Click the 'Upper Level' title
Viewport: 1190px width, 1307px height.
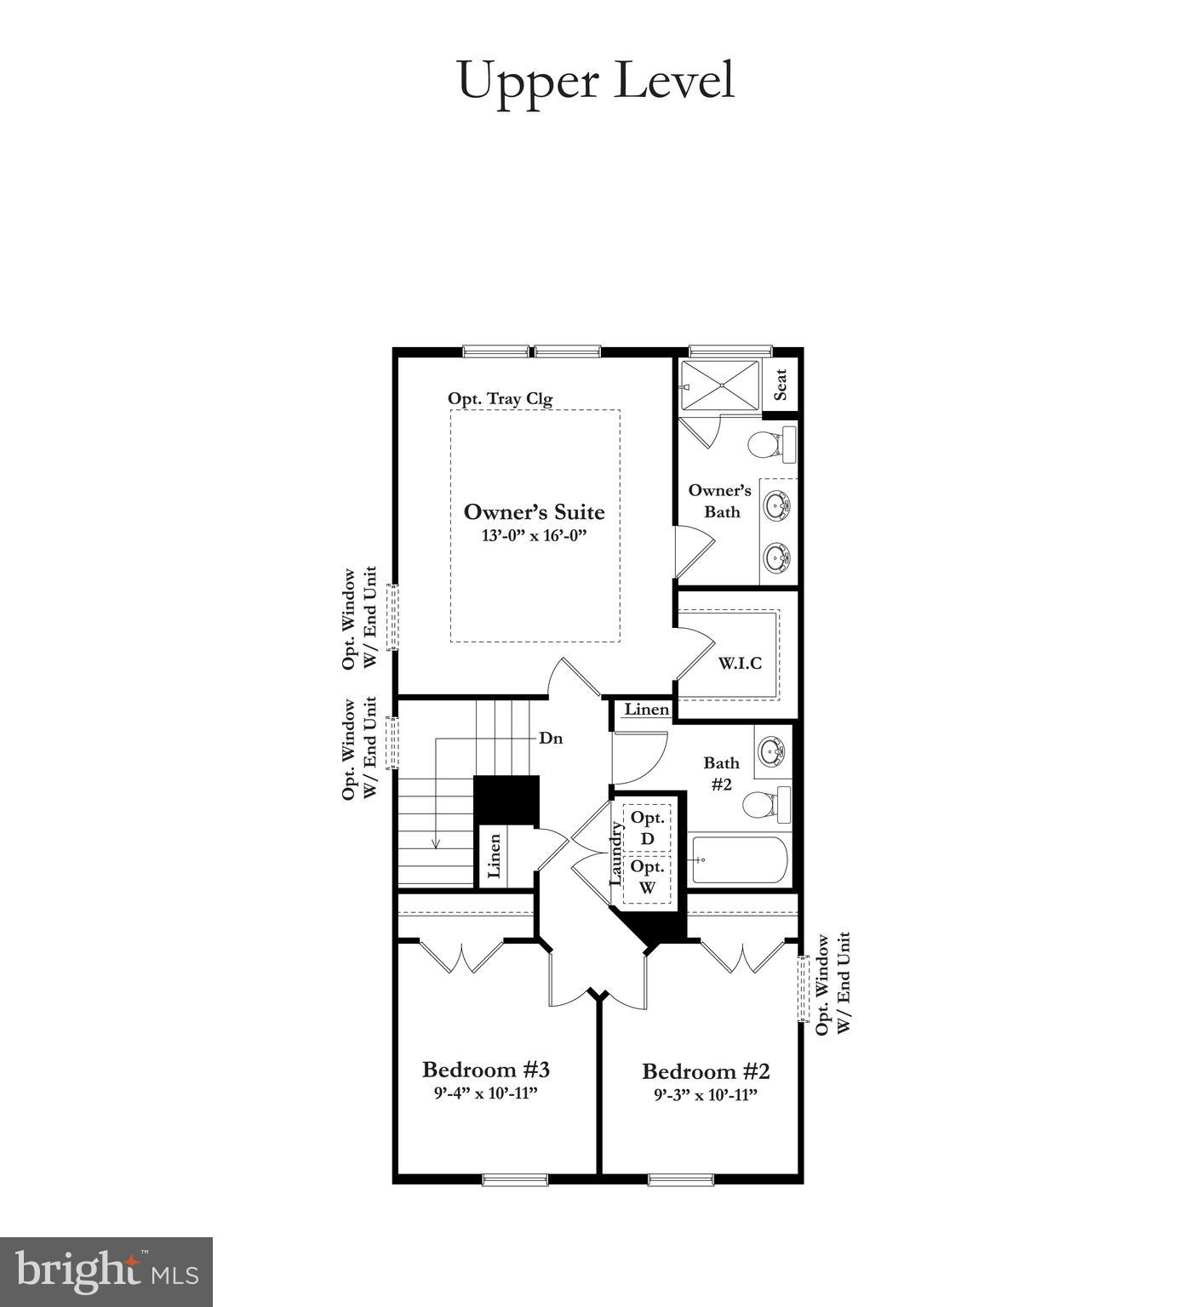(x=595, y=81)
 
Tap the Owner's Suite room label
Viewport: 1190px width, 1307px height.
(x=534, y=511)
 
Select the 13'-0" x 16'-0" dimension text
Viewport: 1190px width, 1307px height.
(x=534, y=536)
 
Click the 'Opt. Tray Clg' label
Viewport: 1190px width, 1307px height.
(x=500, y=398)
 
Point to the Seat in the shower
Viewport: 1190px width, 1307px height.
(x=781, y=385)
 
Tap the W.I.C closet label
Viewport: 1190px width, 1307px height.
(x=740, y=663)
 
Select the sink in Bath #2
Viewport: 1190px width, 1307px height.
(x=773, y=751)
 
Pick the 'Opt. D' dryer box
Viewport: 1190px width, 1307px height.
(x=648, y=828)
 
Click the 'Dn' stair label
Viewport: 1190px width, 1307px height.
(x=551, y=739)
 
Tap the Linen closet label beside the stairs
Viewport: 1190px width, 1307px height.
(x=494, y=856)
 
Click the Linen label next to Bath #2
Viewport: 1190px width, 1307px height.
(x=647, y=710)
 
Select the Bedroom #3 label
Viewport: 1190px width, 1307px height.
(x=486, y=1069)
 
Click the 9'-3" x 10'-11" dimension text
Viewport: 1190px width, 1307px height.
(x=706, y=1095)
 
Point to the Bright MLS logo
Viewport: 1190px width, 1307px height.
(x=106, y=1272)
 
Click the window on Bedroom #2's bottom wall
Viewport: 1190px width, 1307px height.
(x=681, y=1179)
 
